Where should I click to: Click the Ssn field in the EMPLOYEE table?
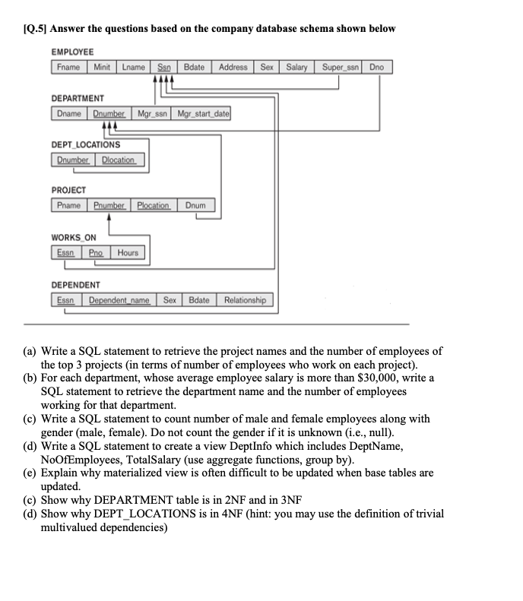tap(163, 67)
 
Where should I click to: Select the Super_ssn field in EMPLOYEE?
tap(340, 67)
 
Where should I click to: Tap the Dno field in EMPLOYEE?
tap(376, 67)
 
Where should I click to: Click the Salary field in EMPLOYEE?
tap(296, 67)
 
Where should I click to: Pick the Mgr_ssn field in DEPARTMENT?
tap(152, 113)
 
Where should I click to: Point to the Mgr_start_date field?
tap(202, 113)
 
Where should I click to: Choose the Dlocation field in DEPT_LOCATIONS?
tap(118, 160)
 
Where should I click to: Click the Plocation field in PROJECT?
tap(154, 205)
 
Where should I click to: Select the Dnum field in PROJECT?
tap(195, 205)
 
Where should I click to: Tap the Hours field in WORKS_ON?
tap(128, 252)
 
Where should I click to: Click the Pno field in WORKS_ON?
tap(96, 252)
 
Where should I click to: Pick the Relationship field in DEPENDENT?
tap(245, 300)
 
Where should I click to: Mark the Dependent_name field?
tap(119, 300)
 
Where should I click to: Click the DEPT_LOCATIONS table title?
tap(86, 145)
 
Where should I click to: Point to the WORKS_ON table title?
tap(74, 238)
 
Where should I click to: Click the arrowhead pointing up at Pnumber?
tap(109, 217)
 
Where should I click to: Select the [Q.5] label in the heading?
tap(35, 29)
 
